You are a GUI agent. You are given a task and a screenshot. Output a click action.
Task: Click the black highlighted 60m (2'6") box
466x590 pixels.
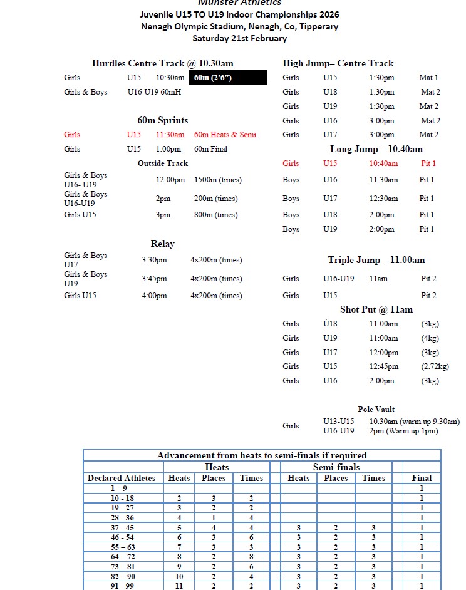228,78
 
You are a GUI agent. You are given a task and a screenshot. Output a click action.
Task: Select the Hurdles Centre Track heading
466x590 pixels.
162,63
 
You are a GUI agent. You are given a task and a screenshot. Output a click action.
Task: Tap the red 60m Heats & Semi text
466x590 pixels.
225,135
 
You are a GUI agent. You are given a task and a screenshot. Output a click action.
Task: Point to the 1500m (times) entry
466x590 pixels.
217,180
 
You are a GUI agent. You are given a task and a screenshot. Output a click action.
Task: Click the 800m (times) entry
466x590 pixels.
215,215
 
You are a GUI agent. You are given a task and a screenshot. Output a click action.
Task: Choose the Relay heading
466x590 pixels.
162,244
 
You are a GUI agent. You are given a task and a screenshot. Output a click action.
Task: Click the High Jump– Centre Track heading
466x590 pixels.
338,63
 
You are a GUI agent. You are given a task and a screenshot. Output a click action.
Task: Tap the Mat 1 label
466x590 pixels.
428,78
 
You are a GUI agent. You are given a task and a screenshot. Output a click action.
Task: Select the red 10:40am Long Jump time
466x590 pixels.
383,163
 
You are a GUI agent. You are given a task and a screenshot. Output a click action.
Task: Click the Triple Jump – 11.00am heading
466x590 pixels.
376,260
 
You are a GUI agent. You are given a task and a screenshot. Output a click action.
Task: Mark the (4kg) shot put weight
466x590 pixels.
430,338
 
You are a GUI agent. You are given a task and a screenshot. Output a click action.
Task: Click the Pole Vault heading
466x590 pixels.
376,410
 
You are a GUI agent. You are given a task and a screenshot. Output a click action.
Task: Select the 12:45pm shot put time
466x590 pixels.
383,366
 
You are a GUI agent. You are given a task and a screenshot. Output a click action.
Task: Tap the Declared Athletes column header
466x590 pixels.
122,478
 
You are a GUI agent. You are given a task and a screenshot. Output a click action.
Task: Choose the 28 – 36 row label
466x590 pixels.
122,518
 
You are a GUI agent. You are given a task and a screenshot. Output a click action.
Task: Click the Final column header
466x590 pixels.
422,478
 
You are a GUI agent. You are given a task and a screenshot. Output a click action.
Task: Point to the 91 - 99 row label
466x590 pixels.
122,586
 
